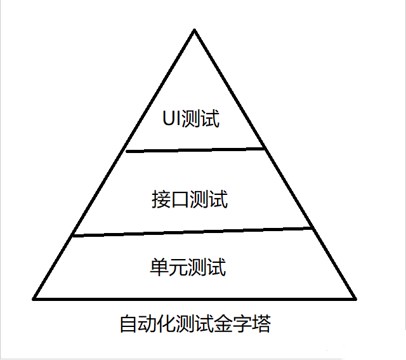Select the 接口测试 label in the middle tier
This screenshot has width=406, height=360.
pos(189,200)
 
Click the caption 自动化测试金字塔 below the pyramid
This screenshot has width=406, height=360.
pos(195,324)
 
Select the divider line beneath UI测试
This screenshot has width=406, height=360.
pos(195,150)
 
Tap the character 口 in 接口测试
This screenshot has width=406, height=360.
pos(180,200)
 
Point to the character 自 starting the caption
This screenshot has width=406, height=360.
pos(128,324)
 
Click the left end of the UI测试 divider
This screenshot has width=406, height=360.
pos(127,151)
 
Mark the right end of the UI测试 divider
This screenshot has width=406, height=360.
pos(263,149)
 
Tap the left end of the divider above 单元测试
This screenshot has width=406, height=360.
pos(74,236)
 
